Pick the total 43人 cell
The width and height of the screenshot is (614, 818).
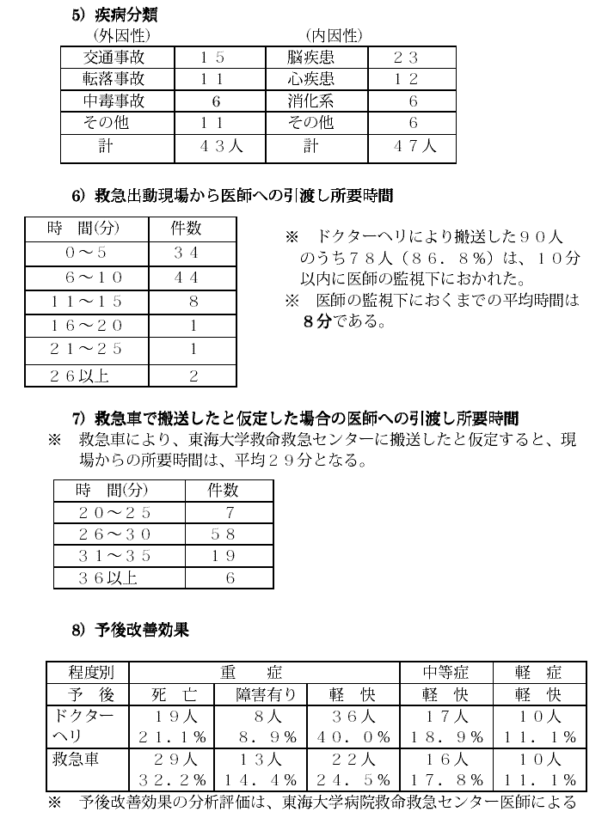click(x=222, y=146)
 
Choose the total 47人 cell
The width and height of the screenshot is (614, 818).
click(x=414, y=146)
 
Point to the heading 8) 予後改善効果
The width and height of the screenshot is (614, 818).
click(x=130, y=631)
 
